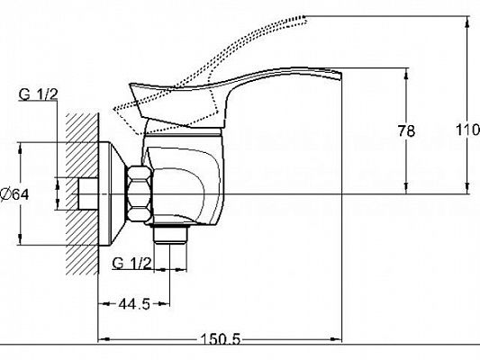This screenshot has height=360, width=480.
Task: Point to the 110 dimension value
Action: click(467, 130)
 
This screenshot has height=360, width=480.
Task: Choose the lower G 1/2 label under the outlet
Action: click(132, 263)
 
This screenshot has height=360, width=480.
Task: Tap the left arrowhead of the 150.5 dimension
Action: click(102, 340)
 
